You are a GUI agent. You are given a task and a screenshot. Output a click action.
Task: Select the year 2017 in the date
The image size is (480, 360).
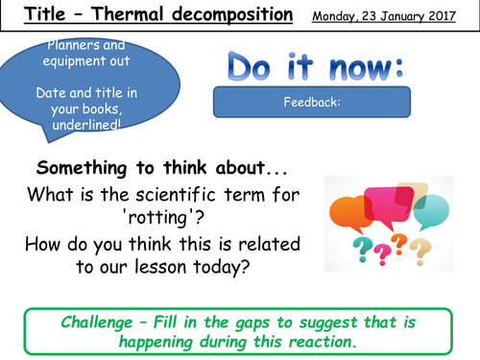click(447, 15)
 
